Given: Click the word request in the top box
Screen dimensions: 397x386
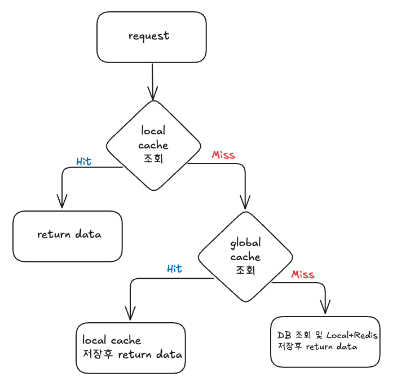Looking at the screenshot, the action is point(149,36).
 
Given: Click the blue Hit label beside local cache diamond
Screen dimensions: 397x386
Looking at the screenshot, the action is point(84,161).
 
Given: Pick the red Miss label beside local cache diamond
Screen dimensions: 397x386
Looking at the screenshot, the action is point(223,155).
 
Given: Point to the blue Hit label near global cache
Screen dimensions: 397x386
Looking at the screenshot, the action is point(174,269).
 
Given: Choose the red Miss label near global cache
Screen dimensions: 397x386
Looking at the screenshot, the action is point(303,274).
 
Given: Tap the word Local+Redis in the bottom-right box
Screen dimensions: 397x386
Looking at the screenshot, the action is point(352,335).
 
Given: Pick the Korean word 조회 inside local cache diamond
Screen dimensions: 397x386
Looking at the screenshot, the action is point(153,159).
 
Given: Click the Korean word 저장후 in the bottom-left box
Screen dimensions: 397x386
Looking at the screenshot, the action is point(98,354).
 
